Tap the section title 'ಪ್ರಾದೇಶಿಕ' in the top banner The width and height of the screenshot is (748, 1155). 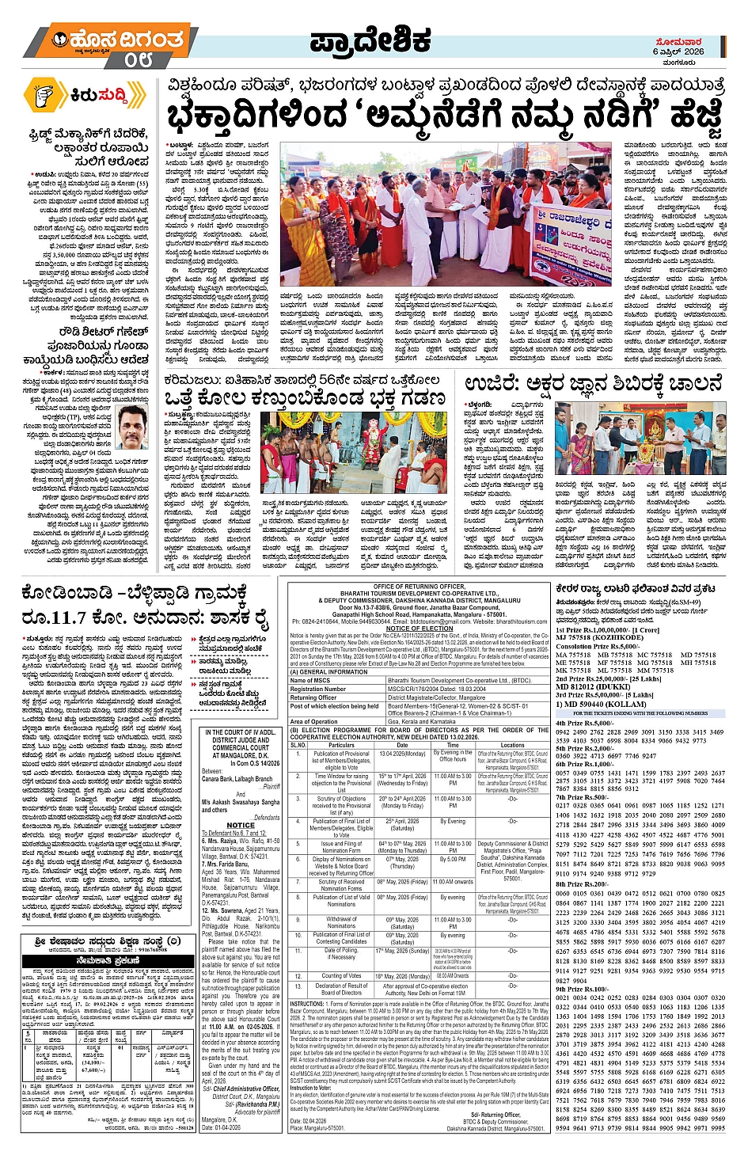coord(370,41)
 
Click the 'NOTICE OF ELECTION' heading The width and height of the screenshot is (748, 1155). coord(420,629)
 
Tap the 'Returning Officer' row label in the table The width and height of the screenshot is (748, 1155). coord(314,697)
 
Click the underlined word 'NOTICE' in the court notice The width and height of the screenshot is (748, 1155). coord(241,825)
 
